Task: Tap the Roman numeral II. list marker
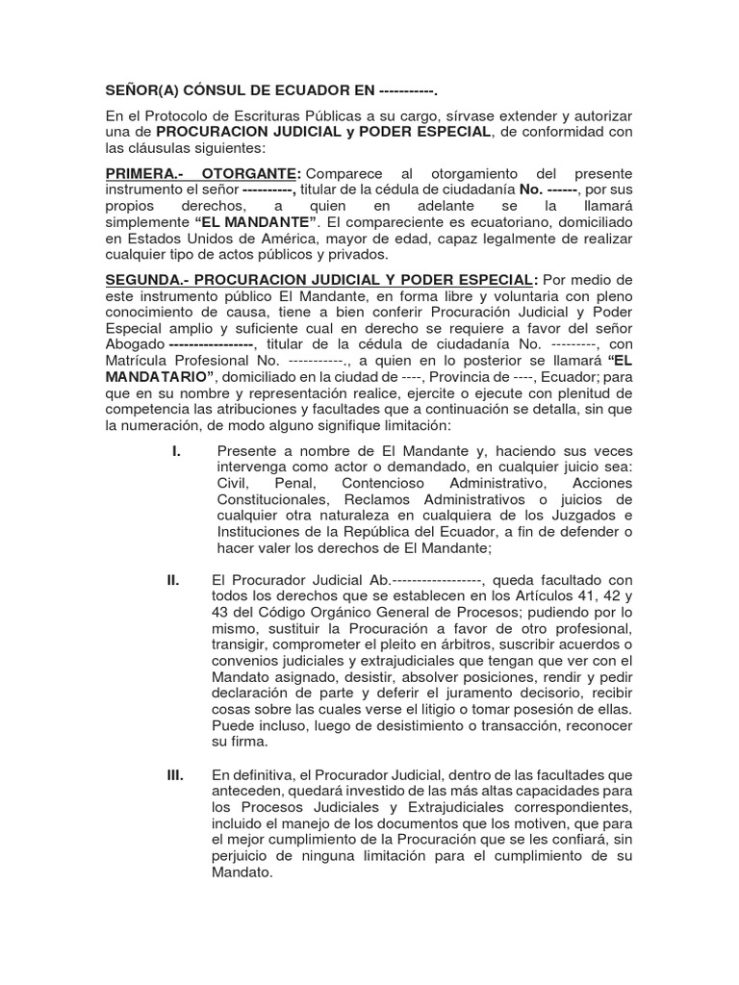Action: click(174, 580)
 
